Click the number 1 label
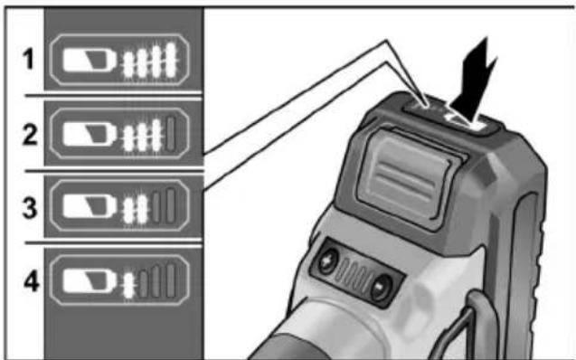[29, 59]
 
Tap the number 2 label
[30, 135]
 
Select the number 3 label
[30, 207]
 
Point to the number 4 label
[32, 281]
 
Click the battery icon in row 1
[90, 61]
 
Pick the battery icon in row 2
[90, 134]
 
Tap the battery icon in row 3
[90, 206]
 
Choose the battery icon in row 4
[90, 281]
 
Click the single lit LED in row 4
[128, 286]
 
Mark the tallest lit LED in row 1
[171, 60]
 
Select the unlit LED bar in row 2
[170, 134]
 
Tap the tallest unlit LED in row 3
[170, 205]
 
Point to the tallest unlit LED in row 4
[170, 280]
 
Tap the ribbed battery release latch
[406, 176]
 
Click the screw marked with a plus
[327, 261]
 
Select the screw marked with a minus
[382, 288]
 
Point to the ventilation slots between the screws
[354, 275]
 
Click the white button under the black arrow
[466, 122]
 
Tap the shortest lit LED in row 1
[128, 65]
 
